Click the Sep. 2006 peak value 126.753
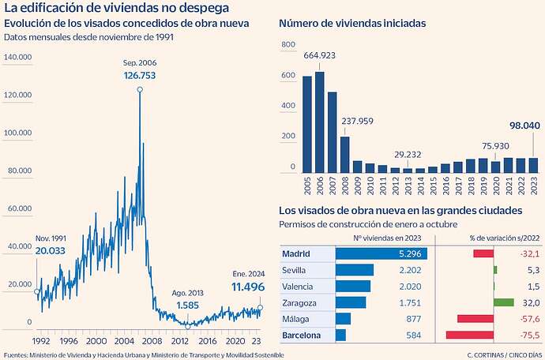[x=140, y=76]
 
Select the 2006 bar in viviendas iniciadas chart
[x=320, y=122]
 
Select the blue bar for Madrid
[x=381, y=253]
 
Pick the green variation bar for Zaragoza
[x=503, y=302]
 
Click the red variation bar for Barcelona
[x=469, y=336]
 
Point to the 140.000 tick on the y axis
[x=18, y=58]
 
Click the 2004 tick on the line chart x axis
[x=124, y=341]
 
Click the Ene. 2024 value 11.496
[x=247, y=287]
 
